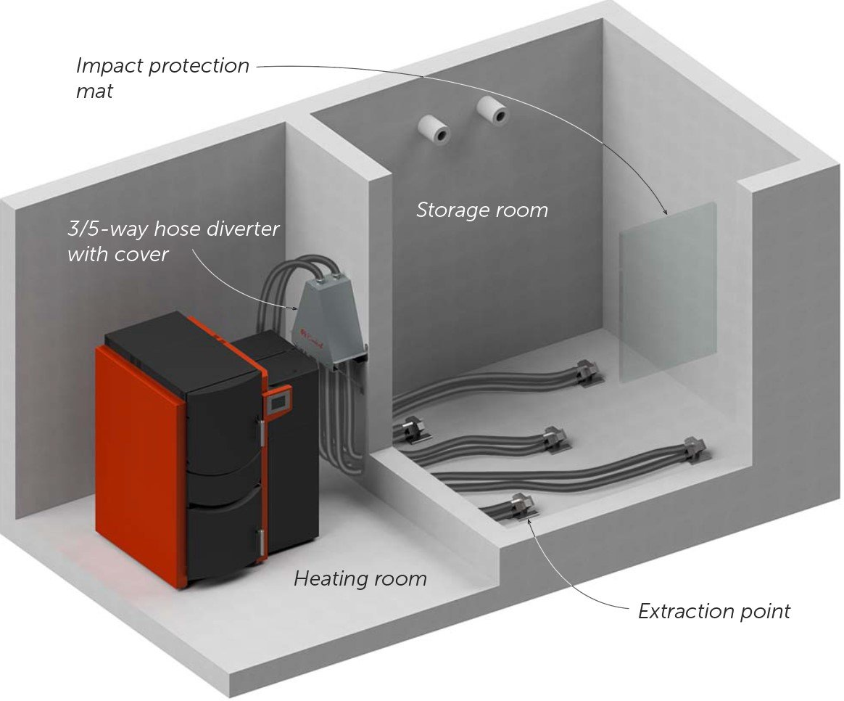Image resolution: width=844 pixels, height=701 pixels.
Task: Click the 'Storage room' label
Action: [x=481, y=210]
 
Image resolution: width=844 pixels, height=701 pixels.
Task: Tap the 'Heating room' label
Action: [x=360, y=578]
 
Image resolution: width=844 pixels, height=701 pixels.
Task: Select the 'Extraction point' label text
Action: [x=713, y=611]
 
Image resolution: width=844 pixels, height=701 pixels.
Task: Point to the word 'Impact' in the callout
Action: [x=109, y=66]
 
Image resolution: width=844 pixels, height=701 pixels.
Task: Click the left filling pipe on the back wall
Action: [x=434, y=128]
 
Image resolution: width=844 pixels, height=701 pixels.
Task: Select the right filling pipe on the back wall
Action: [x=492, y=110]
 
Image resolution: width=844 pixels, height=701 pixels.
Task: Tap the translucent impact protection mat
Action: [x=668, y=292]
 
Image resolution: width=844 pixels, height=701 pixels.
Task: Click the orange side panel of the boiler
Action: [x=140, y=464]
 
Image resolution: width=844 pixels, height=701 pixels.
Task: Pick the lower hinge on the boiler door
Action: [x=262, y=541]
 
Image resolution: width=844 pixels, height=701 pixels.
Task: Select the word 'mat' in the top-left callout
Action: [x=95, y=91]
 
